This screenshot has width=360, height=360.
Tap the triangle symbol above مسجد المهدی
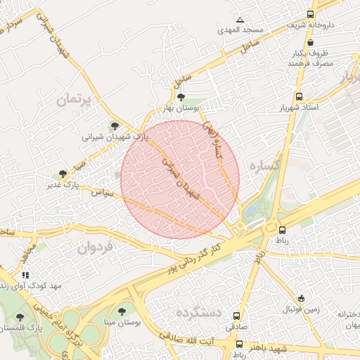(x=240, y=19)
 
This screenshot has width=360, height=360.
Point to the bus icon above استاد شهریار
(x=300, y=96)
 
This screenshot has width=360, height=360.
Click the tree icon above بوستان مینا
(x=122, y=310)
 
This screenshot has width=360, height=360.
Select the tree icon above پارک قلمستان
(x=18, y=317)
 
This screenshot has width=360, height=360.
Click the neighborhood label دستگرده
(x=199, y=312)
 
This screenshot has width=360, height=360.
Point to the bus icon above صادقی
(x=236, y=316)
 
